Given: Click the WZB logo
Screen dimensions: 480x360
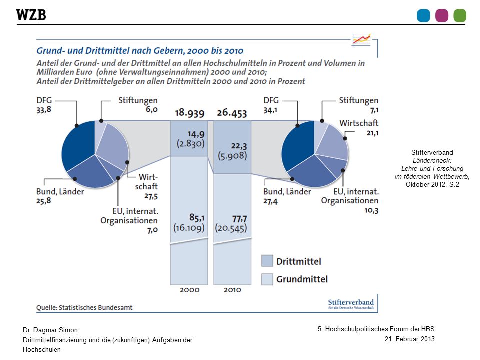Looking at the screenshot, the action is click(31, 15).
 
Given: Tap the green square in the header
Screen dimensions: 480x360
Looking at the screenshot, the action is click(460, 16).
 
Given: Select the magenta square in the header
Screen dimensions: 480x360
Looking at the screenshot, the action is click(441, 16).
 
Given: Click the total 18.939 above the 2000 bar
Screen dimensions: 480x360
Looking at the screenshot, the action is click(190, 113).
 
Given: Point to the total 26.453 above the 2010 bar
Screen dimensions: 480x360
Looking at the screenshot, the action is click(232, 113).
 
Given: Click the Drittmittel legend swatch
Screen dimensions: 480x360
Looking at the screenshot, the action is click(267, 261).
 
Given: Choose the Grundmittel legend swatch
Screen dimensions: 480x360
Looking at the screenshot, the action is click(267, 279).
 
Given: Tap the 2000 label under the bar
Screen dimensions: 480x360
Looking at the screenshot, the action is click(190, 290).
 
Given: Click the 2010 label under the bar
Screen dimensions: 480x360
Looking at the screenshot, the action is click(232, 290).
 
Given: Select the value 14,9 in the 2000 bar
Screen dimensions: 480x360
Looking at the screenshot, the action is click(196, 134).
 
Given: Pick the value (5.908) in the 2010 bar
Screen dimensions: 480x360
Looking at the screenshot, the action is click(232, 156).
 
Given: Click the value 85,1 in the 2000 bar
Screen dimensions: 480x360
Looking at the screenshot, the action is click(197, 217).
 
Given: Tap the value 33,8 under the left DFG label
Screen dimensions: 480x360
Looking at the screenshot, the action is click(44, 110).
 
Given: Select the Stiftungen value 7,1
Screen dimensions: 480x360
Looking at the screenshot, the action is click(374, 110).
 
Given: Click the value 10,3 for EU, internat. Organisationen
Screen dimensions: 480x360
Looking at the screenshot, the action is click(371, 210).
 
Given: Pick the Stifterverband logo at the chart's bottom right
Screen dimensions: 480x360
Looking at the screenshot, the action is click(351, 304).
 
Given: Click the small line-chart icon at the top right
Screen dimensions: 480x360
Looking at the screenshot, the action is click(361, 40).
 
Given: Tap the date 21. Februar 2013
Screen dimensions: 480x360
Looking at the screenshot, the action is click(409, 339).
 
